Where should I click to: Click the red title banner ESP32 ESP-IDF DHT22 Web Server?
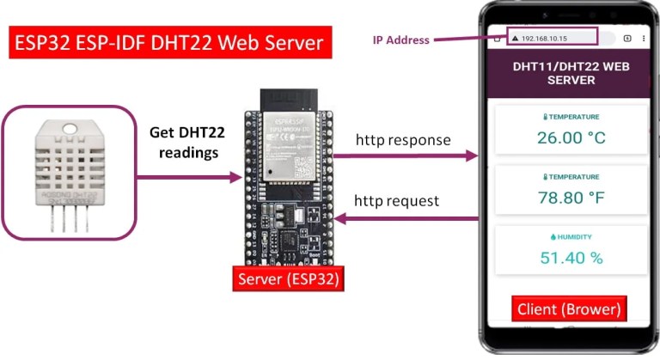[169, 41]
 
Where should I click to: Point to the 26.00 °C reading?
[571, 137]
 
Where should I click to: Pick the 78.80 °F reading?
[571, 198]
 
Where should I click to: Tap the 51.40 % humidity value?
[571, 257]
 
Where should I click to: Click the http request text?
[397, 201]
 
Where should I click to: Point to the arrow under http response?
[404, 156]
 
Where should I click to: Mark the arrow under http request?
[404, 218]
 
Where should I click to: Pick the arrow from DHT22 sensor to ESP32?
[190, 178]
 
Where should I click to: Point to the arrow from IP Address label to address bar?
[468, 40]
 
